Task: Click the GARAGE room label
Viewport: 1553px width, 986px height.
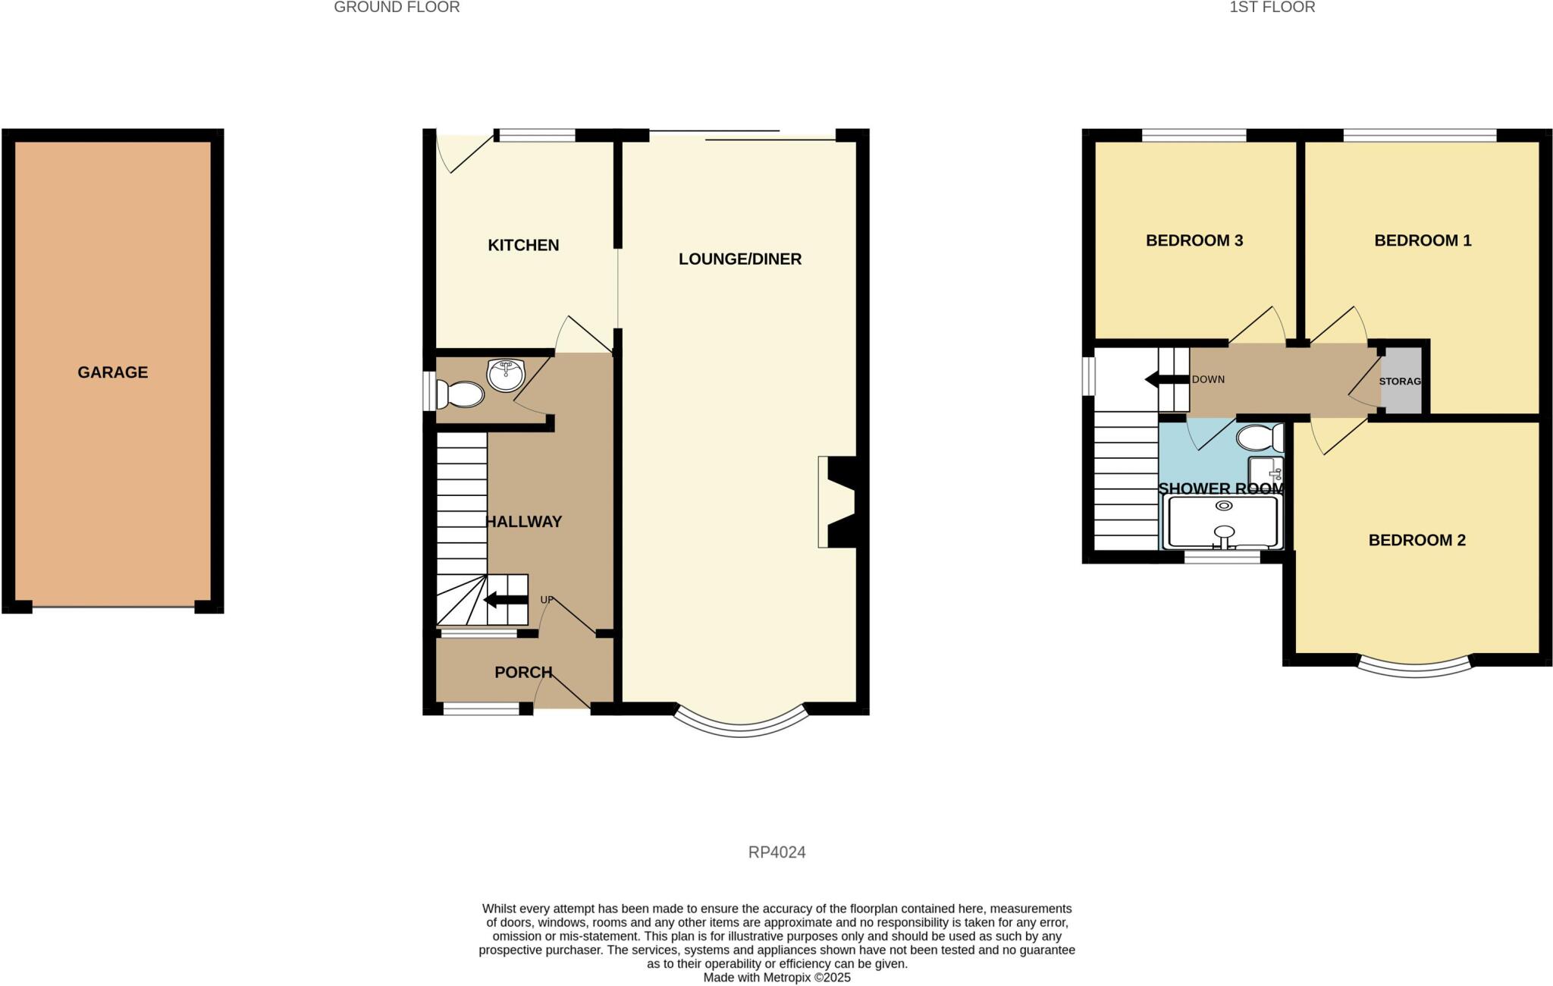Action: click(x=112, y=372)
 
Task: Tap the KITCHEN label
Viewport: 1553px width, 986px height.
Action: click(x=523, y=245)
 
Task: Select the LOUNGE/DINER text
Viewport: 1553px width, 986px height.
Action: click(x=739, y=259)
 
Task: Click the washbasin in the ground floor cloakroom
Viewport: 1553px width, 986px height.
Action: click(x=505, y=375)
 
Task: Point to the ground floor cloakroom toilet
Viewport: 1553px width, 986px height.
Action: click(x=461, y=394)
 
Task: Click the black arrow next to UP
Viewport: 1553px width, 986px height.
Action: click(x=506, y=601)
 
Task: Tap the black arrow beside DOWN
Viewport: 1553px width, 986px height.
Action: click(x=1166, y=379)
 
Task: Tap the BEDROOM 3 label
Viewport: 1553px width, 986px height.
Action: click(x=1194, y=241)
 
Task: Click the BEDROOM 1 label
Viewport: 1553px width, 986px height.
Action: click(x=1423, y=241)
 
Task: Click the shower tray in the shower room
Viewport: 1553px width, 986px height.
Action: click(x=1224, y=522)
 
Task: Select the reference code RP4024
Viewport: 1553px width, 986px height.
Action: click(x=776, y=853)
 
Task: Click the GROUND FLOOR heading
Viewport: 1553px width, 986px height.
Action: click(x=397, y=8)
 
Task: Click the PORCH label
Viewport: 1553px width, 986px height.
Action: click(x=523, y=673)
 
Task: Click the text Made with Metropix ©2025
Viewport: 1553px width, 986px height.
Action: click(x=776, y=978)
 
